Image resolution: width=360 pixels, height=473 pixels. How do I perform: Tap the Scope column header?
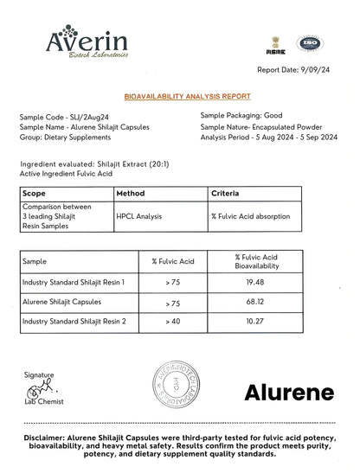click(34, 194)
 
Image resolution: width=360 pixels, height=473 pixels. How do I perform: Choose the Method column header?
click(131, 194)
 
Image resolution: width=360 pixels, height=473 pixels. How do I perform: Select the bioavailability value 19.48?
click(255, 282)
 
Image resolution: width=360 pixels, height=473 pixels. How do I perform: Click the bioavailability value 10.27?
click(255, 322)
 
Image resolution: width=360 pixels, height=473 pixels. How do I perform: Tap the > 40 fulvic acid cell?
click(173, 322)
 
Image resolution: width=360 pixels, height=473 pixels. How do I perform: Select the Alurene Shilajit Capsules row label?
click(61, 302)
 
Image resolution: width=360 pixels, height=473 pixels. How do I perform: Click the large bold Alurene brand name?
click(288, 393)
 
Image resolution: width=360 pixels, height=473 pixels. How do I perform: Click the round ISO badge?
click(309, 43)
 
